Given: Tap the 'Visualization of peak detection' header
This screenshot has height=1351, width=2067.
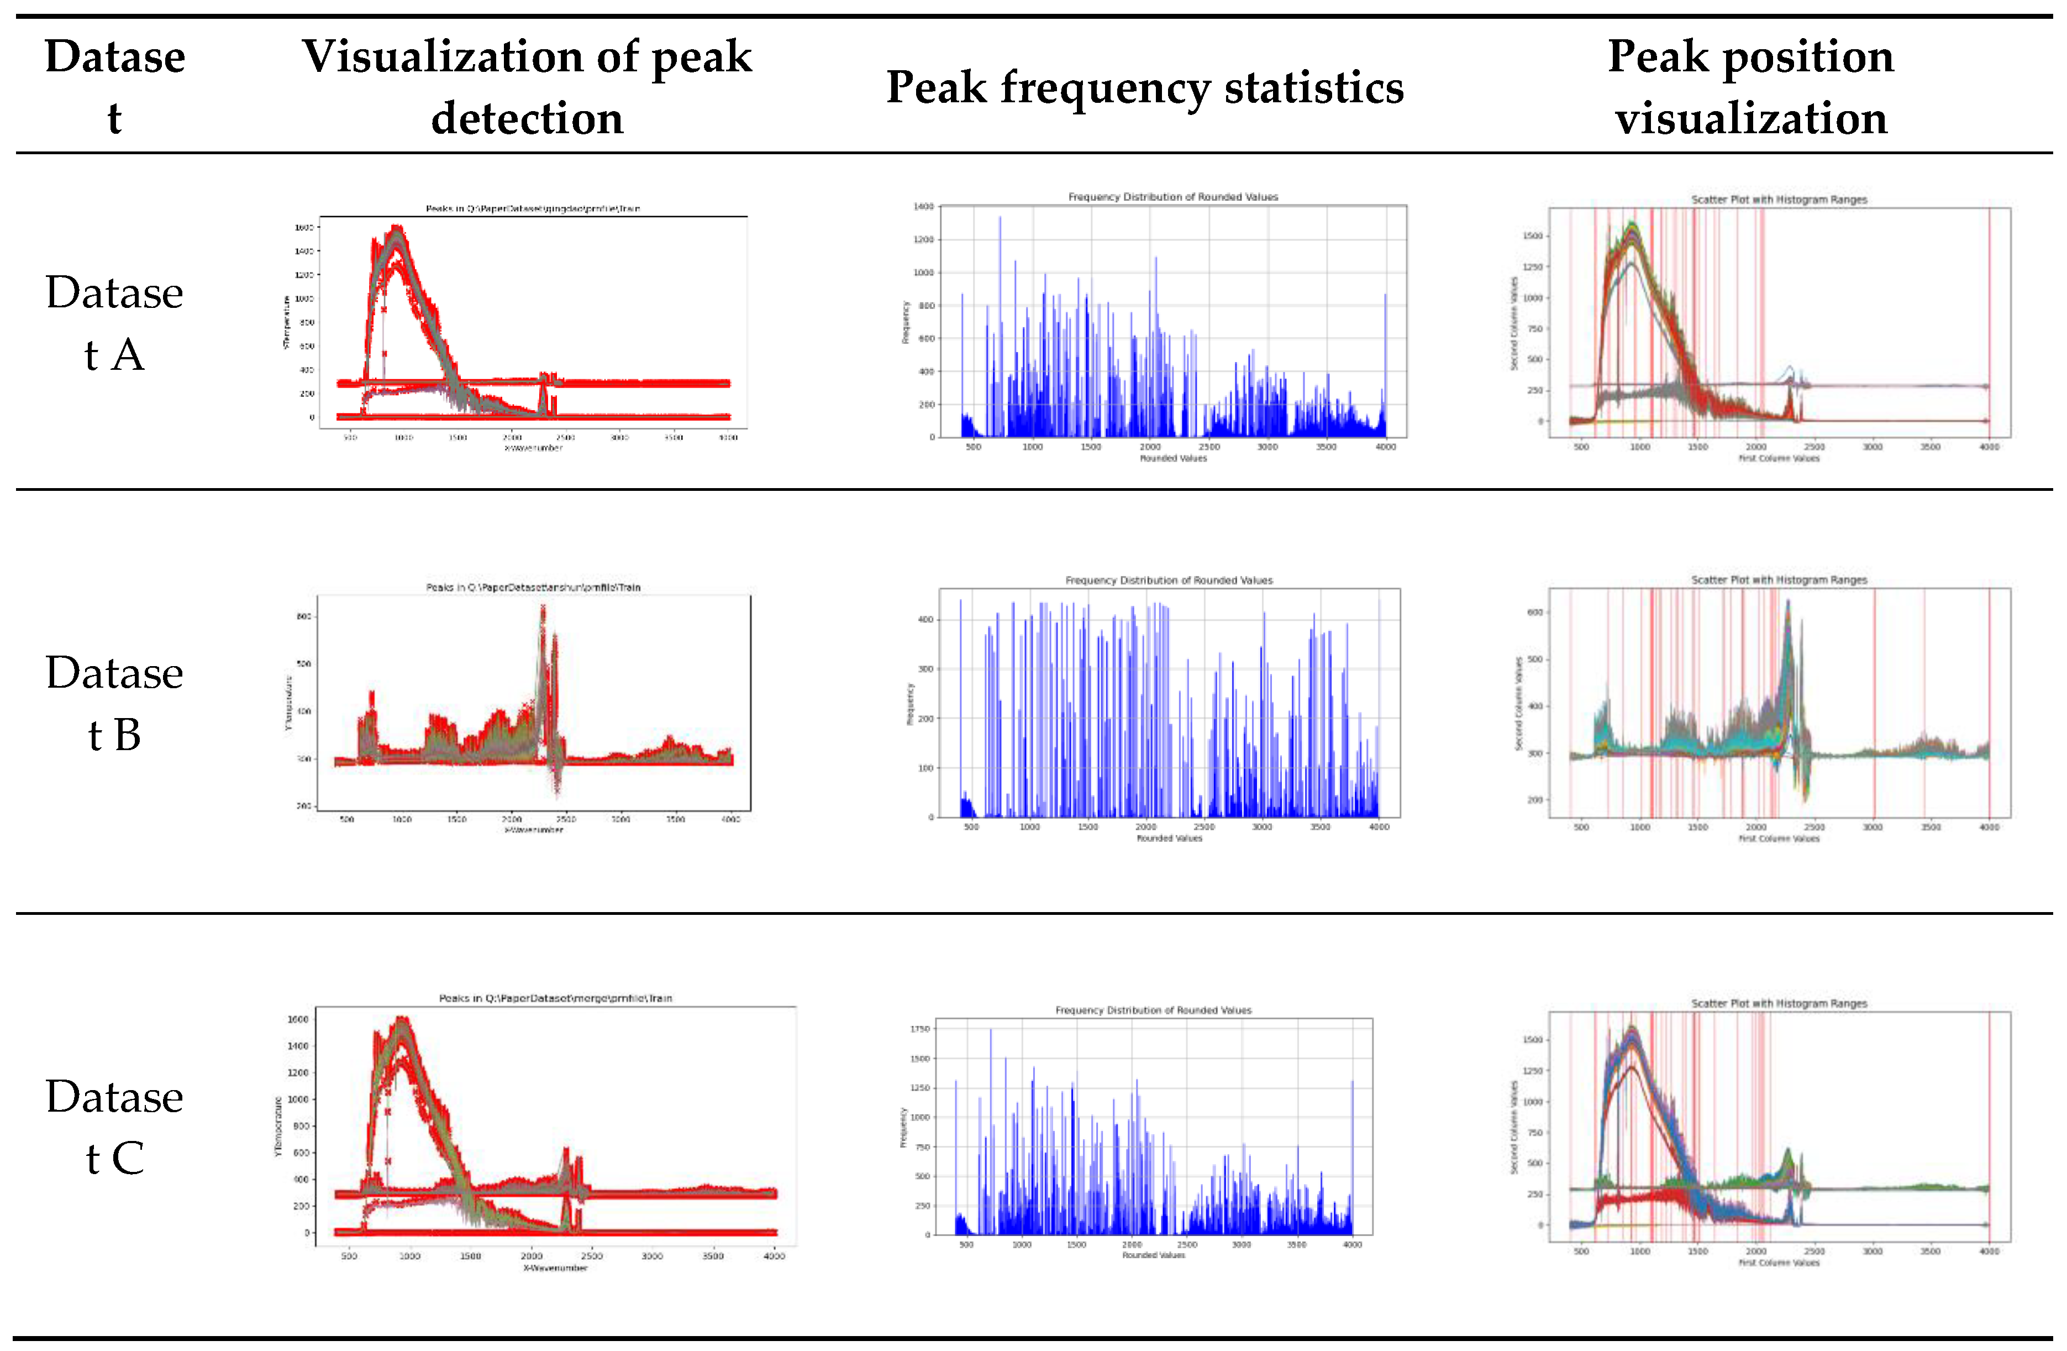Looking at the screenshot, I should click(527, 87).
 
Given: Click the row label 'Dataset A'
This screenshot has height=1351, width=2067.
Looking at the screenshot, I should click(114, 323).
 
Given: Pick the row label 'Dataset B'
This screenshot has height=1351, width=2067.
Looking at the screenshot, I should click(114, 704).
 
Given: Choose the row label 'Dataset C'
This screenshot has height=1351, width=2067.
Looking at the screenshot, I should click(114, 1127).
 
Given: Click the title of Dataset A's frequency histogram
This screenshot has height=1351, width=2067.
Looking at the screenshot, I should click(1172, 197).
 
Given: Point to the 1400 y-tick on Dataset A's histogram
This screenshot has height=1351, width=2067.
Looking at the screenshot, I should click(923, 207).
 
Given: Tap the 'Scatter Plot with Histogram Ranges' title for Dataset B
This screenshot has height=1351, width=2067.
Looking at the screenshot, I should click(1779, 579).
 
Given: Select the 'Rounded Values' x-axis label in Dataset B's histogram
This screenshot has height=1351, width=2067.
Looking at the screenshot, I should click(1169, 839).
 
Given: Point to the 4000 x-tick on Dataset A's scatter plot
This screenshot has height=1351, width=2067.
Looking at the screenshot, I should click(1989, 447).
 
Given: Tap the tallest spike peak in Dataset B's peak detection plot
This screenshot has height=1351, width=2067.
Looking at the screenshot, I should click(543, 608).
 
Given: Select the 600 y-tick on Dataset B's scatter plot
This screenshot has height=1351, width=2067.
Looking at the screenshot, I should click(1534, 612).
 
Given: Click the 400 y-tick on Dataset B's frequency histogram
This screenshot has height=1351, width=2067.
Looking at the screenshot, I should click(926, 620).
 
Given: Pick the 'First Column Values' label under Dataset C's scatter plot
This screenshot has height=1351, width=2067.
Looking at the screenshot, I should click(1779, 1263).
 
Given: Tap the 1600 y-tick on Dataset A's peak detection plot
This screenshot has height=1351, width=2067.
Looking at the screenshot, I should click(304, 228).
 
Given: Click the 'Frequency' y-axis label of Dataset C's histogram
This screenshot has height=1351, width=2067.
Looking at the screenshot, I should click(903, 1127).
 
